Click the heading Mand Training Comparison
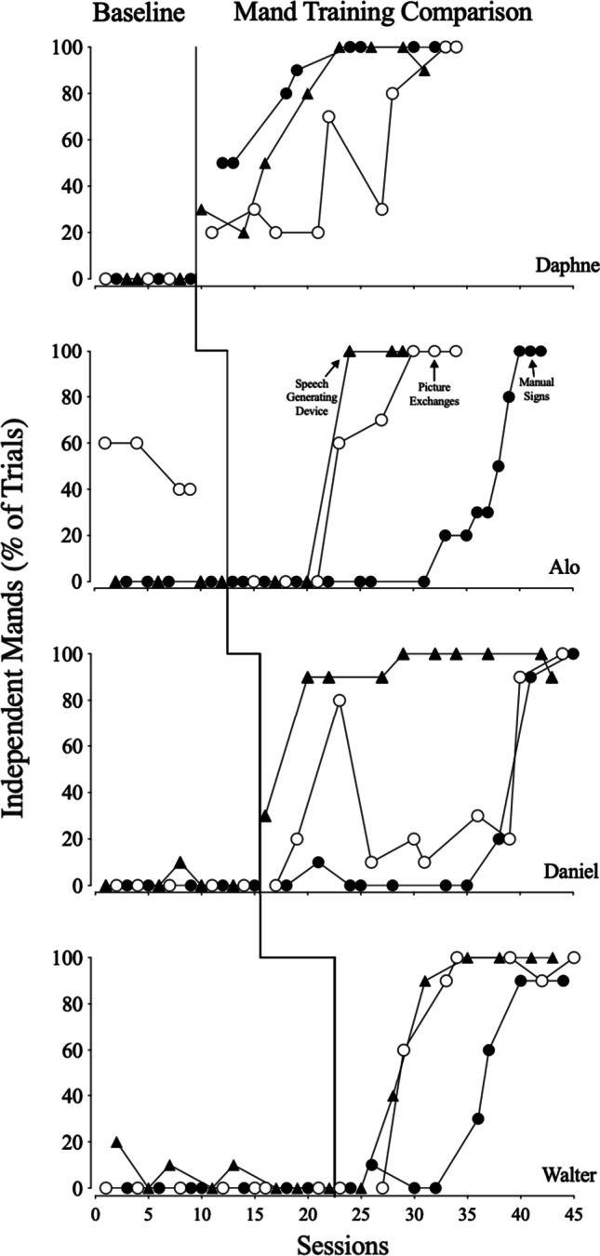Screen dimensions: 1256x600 (383, 14)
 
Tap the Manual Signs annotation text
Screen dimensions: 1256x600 (530, 380)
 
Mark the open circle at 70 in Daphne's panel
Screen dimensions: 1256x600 (328, 116)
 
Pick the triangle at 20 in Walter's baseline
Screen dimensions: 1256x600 (116, 1142)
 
